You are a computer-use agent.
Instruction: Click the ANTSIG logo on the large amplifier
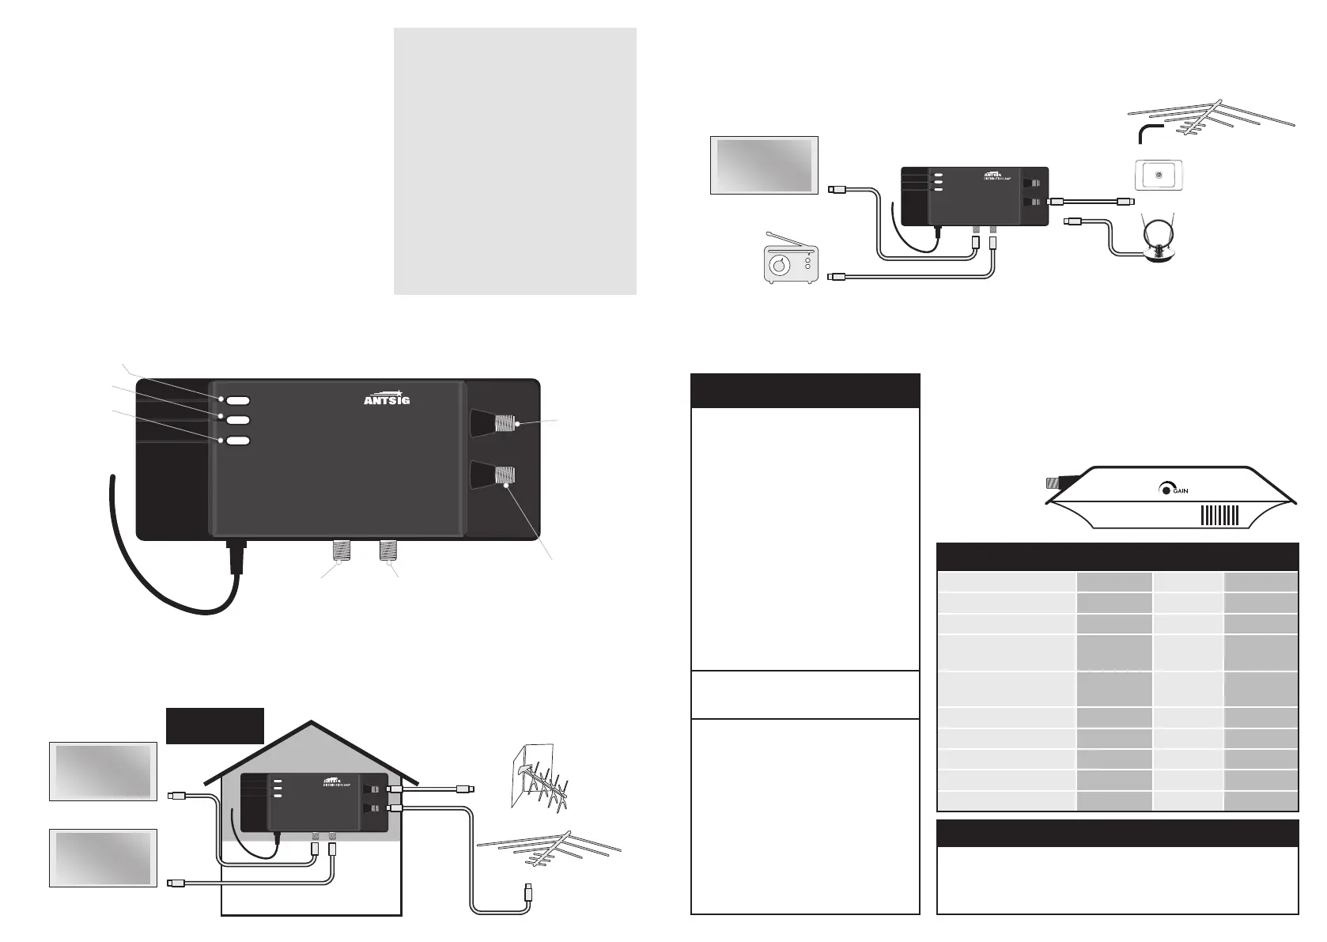[387, 396]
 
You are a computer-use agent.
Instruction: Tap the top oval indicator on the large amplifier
[238, 400]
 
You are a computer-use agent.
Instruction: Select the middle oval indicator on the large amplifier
[238, 420]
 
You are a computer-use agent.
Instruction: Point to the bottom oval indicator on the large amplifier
[238, 441]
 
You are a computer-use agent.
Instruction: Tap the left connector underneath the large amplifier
[340, 551]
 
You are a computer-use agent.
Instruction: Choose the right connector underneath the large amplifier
[388, 551]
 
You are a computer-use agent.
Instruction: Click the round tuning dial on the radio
[781, 267]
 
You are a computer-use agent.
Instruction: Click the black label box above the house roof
[214, 725]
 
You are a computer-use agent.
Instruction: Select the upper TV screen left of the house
[103, 771]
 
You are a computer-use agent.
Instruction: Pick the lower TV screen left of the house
[103, 857]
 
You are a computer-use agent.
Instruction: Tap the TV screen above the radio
[764, 165]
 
